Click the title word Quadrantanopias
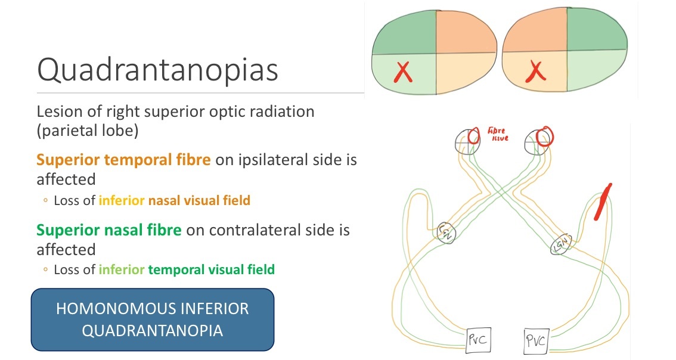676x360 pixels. pyautogui.click(x=157, y=70)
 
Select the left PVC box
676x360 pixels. pyautogui.click(x=477, y=341)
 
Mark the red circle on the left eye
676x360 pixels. pyautogui.click(x=475, y=136)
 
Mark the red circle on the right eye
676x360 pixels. pyautogui.click(x=544, y=136)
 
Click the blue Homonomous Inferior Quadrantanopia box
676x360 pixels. pyautogui.click(x=152, y=319)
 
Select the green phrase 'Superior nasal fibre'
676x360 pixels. pyautogui.click(x=109, y=229)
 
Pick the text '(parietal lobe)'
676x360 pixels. pyautogui.click(x=88, y=131)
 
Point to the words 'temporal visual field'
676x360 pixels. pyautogui.click(x=211, y=269)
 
